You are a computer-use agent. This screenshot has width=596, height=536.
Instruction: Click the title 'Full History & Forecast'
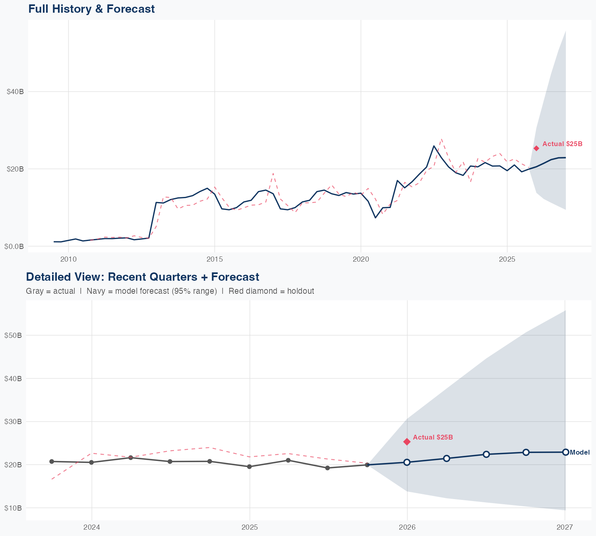91,9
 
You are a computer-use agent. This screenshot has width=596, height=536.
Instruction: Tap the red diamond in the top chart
536,148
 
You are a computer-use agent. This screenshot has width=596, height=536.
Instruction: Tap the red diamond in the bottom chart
407,442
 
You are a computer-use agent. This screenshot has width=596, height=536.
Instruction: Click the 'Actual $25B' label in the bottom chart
433,437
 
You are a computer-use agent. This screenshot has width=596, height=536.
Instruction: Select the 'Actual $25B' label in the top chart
562,144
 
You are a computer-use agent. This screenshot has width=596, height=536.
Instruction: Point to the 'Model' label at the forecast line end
580,452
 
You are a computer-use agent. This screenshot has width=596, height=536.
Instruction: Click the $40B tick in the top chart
15,92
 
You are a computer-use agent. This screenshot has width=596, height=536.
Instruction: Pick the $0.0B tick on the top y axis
14,246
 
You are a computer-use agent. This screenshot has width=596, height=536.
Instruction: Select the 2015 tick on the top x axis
215,259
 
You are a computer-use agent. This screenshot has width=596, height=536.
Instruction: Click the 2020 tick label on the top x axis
361,259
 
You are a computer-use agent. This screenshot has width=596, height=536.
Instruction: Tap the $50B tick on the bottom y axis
12,335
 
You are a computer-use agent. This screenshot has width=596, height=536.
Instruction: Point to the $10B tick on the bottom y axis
12,508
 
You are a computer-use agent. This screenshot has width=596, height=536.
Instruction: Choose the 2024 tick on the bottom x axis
92,527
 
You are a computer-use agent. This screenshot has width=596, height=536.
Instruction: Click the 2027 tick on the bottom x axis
565,527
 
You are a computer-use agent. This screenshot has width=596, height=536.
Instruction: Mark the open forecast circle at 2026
407,462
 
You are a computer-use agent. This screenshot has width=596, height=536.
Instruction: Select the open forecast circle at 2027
565,452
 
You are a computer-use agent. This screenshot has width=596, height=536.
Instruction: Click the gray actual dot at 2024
91,462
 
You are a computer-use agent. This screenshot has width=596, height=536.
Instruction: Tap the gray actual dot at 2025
250,467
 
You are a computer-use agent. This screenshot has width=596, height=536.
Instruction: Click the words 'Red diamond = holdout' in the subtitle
271,291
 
